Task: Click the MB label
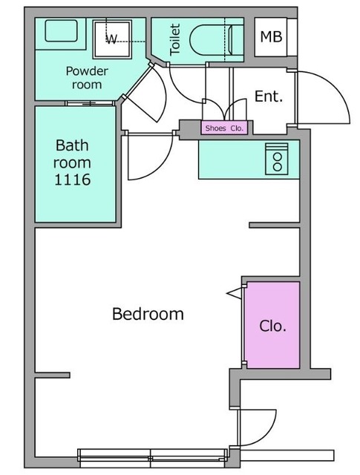click(271, 36)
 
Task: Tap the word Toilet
click(175, 39)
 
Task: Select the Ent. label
click(269, 96)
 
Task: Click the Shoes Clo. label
click(224, 128)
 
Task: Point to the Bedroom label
click(148, 314)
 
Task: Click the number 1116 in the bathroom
click(72, 180)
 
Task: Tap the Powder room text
click(87, 78)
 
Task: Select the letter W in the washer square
click(111, 39)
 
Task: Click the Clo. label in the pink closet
click(272, 326)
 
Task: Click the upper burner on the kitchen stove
click(278, 157)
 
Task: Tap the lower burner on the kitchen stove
click(278, 166)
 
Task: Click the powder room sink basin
click(61, 30)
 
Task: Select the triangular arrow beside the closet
click(235, 293)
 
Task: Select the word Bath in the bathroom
click(72, 145)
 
